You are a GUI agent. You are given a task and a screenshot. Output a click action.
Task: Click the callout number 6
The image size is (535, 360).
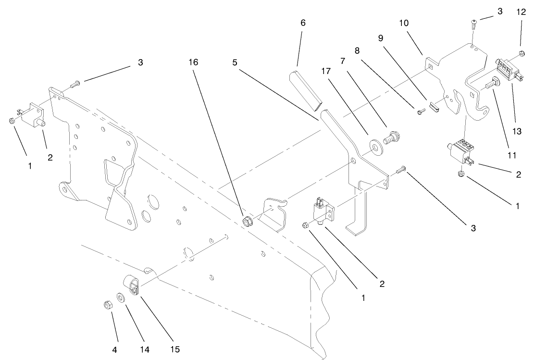tap(302, 23)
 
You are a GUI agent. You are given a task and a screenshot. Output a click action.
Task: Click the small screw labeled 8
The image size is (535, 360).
tap(421, 112)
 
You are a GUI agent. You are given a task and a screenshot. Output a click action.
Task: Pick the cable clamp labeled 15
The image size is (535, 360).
tap(133, 286)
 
